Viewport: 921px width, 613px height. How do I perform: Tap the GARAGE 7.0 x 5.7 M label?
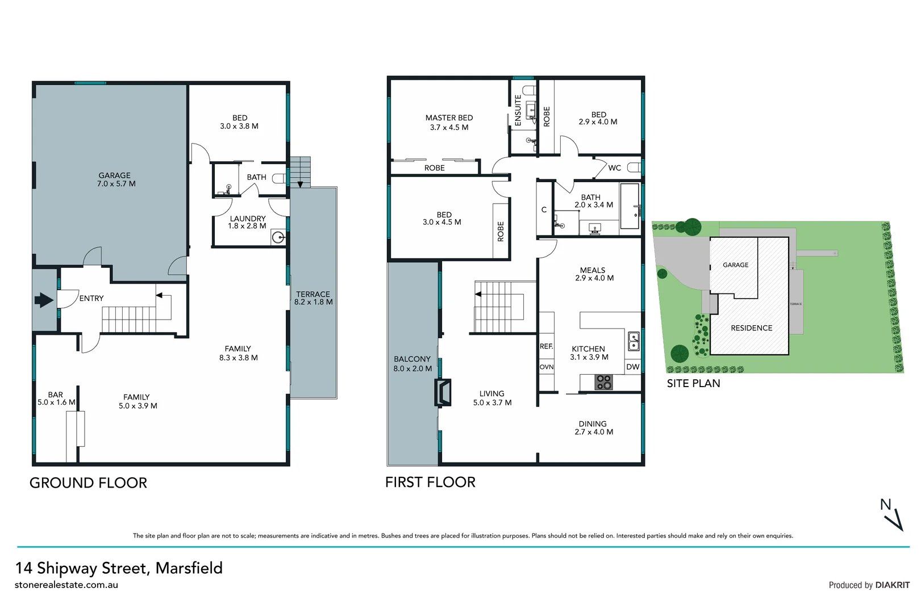click(x=115, y=179)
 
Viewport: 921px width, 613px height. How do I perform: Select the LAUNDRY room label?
click(x=247, y=222)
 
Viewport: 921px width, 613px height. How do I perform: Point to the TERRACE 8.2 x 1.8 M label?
click(x=313, y=298)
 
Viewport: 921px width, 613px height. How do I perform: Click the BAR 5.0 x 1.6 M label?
click(x=56, y=398)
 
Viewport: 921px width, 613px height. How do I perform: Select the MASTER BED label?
click(x=449, y=122)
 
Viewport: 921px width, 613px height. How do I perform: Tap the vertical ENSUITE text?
click(x=518, y=110)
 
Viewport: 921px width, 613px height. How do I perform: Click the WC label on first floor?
click(x=615, y=168)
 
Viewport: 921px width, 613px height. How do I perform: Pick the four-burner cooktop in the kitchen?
click(x=603, y=382)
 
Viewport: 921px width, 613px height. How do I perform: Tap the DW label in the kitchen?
click(x=632, y=367)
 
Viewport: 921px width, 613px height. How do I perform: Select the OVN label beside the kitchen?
click(x=547, y=367)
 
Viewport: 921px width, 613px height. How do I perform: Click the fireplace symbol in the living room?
click(x=443, y=392)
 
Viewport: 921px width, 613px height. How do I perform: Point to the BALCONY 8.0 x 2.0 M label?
click(x=412, y=364)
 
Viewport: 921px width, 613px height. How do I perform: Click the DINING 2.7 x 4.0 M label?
click(x=593, y=427)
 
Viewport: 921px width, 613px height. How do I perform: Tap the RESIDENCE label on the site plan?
click(x=751, y=328)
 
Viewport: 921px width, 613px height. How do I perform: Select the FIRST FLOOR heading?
click(x=430, y=482)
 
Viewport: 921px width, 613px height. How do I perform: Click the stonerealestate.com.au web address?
click(x=66, y=585)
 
